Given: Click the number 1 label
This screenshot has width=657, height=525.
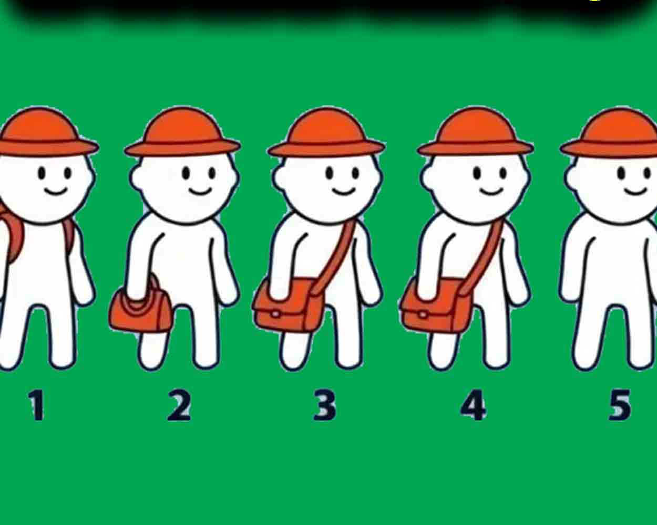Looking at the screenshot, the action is pyautogui.click(x=36, y=405).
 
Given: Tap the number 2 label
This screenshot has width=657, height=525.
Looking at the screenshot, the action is pyautogui.click(x=180, y=405).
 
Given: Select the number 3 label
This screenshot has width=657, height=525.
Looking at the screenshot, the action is pyautogui.click(x=325, y=405).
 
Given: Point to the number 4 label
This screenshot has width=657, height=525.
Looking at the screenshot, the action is pyautogui.click(x=473, y=405).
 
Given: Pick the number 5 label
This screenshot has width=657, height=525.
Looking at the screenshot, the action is pyautogui.click(x=620, y=405).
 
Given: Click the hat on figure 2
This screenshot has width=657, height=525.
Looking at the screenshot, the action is pyautogui.click(x=182, y=132).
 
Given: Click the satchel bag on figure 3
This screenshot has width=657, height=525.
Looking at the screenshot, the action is pyautogui.click(x=287, y=305).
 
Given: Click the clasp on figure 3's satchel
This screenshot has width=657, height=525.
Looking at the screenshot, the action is pyautogui.click(x=275, y=314).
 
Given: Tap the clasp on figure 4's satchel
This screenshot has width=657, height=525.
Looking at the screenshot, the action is pyautogui.click(x=422, y=314).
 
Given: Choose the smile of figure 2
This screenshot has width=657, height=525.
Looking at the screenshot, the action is pyautogui.click(x=200, y=192).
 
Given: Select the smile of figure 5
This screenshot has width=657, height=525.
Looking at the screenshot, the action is pyautogui.click(x=635, y=192).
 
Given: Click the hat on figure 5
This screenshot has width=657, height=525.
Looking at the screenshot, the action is pyautogui.click(x=609, y=133).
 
